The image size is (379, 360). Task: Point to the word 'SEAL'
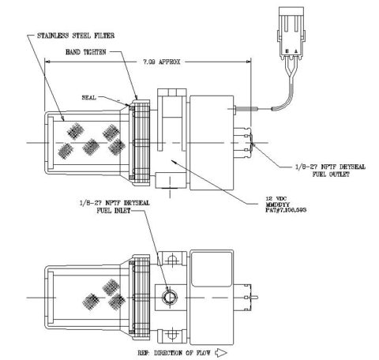90,98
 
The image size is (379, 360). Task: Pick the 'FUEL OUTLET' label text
313,174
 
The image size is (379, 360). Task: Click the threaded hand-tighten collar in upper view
142,143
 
